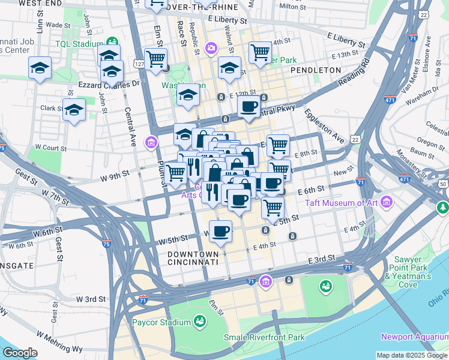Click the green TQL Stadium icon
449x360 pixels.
click(112, 43)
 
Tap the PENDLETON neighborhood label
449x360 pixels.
click(316, 70)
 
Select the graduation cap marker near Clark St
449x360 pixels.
click(74, 110)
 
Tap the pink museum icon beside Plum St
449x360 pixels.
click(151, 142)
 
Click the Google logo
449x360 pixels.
click(20, 353)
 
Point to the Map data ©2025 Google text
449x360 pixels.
click(411, 355)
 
